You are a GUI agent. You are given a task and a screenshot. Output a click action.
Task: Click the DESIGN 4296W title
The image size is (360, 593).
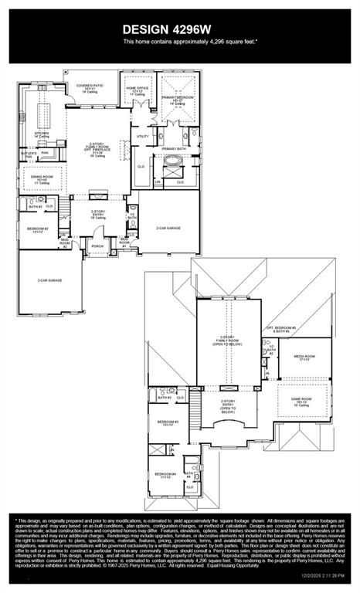179,29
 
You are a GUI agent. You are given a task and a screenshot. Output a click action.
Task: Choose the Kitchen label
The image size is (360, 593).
42,134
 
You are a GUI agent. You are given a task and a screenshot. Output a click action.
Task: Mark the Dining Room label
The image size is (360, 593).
42,181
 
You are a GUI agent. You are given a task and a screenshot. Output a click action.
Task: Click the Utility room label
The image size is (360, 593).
142,137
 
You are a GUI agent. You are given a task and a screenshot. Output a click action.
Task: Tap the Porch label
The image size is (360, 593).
98,247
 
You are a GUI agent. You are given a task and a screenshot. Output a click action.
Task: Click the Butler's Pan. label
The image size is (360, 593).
28,154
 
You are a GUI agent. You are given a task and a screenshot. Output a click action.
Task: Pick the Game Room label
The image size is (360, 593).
301,402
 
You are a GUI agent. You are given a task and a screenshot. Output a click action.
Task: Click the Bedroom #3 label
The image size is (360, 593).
168,423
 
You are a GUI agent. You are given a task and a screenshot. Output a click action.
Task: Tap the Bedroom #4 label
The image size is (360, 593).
165,475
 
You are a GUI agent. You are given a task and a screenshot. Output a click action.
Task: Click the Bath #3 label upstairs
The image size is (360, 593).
164,398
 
